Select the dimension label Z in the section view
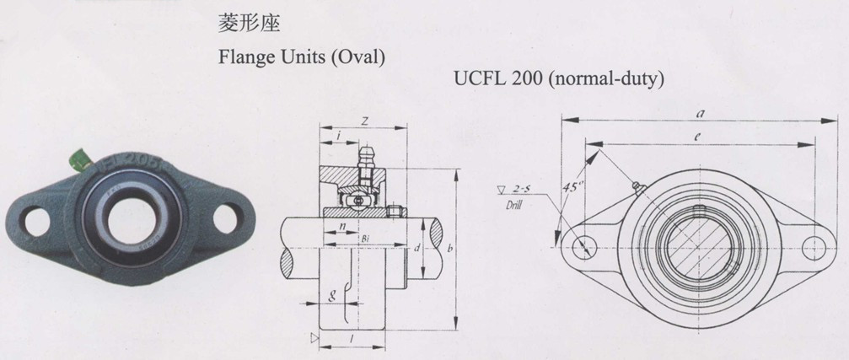click(363, 121)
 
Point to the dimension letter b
click(451, 250)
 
